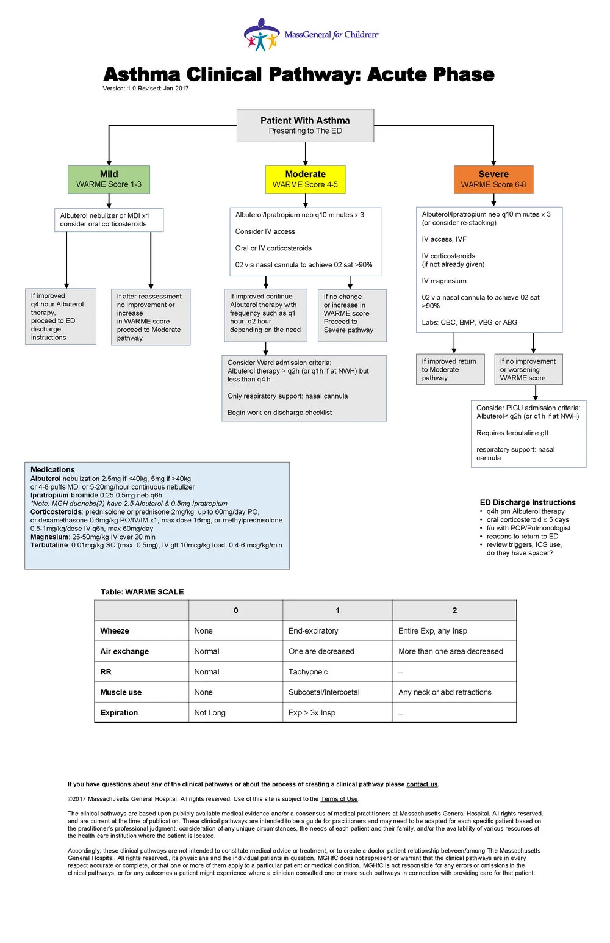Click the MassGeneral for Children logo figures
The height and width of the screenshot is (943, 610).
pos(262,35)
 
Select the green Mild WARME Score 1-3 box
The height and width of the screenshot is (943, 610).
pos(109,179)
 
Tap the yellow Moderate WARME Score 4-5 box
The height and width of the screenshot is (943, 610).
pos(305,179)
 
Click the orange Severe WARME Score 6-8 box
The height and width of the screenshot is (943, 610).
pos(493,179)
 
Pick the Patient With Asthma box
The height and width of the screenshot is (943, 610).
pos(305,126)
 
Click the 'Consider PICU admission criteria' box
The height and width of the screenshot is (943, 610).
pos(528,433)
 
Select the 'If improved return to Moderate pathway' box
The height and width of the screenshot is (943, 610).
pos(450,369)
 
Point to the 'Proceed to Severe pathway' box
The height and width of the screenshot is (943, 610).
pos(352,316)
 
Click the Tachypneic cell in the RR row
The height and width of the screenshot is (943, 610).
pos(308,671)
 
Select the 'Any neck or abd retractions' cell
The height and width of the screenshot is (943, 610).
pos(445,692)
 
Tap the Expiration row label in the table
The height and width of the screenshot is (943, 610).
pos(119,712)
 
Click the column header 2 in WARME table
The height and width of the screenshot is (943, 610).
pos(454,610)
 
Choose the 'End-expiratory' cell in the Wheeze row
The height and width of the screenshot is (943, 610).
pos(313,630)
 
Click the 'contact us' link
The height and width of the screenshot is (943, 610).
pos(422,784)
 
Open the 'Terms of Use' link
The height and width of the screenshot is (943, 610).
pos(339,798)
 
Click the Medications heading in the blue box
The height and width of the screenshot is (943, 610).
pos(52,469)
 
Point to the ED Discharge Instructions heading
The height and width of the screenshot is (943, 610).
pos(528,502)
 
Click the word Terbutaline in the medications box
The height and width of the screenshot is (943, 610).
pos(49,545)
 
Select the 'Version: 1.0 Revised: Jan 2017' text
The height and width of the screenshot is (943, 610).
pos(146,89)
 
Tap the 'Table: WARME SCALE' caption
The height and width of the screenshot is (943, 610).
pos(142,591)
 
